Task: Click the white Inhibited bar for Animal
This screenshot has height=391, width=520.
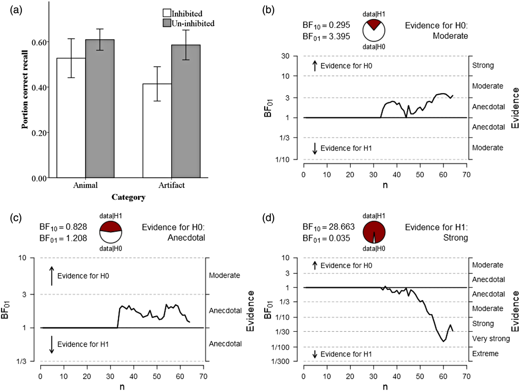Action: click(x=71, y=118)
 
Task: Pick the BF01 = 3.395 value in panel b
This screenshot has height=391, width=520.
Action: click(x=326, y=36)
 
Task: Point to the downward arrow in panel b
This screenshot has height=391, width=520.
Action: click(x=314, y=149)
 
